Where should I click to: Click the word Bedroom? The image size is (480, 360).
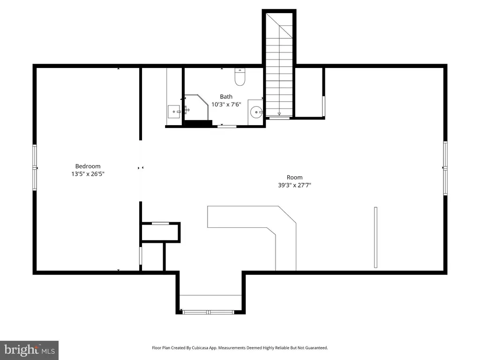88,166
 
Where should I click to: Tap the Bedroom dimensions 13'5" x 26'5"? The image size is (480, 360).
88,174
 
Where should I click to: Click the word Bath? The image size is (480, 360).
226,97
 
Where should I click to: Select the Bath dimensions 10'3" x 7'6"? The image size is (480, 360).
226,105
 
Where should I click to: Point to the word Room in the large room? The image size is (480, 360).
294,177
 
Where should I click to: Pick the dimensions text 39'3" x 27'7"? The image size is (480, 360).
294,185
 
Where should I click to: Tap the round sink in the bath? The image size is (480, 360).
256,112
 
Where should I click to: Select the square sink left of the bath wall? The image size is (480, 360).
174,112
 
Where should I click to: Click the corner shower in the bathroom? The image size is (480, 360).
196,107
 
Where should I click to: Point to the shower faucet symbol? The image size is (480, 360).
187,110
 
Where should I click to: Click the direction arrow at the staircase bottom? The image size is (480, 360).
279,114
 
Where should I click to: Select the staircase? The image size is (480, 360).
279,64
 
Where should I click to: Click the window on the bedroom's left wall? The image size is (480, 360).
35,168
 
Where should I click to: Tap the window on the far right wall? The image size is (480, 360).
445,168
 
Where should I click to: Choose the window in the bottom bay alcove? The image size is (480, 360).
208,312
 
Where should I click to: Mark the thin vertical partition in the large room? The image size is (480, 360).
375,238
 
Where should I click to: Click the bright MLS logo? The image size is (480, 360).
30,350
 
